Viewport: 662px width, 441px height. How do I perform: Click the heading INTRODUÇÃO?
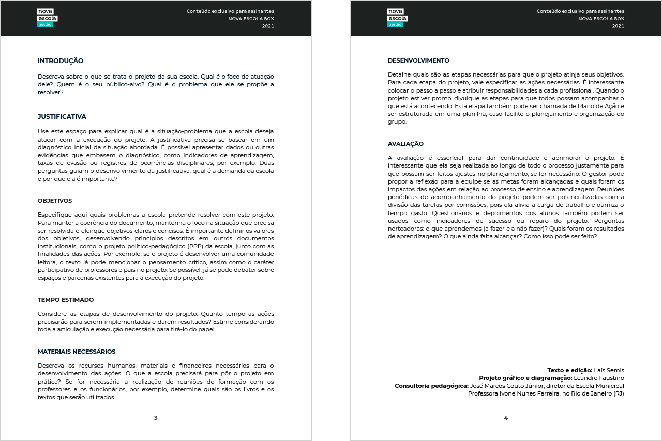61,61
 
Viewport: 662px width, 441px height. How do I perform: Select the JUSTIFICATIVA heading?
62,117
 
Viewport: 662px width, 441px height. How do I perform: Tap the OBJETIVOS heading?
55,201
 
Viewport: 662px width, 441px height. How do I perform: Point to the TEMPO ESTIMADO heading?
66,300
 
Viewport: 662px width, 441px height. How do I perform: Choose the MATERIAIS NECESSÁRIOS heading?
77,352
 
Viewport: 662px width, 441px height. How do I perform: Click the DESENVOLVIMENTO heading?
418,60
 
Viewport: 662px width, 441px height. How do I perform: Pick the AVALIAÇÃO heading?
405,144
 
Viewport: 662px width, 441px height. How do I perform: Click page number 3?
156,418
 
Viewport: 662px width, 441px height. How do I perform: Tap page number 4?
506,418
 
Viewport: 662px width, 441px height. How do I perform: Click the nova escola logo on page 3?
47,18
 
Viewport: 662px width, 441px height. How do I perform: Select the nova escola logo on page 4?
397,18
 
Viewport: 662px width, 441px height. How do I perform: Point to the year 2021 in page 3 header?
268,26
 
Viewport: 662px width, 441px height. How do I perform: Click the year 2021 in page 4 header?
618,26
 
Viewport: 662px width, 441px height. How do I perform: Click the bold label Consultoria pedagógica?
431,386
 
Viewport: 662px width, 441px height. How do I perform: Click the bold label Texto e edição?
569,370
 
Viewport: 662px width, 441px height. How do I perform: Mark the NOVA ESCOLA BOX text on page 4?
601,19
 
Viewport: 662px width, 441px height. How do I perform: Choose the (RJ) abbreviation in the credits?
619,393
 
